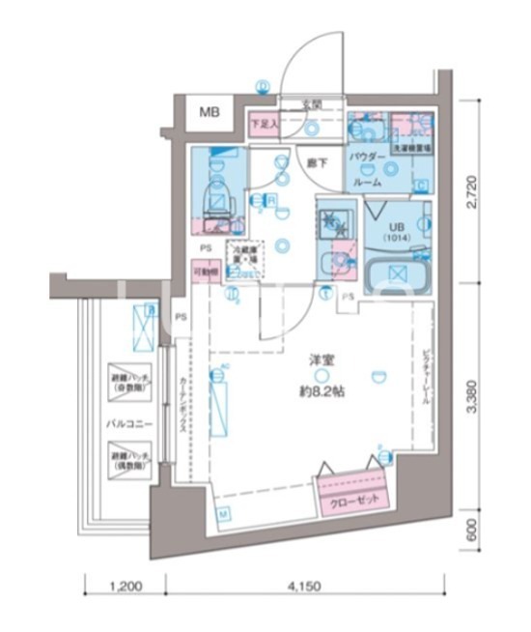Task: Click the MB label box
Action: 210,113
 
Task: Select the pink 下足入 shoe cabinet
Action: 263,124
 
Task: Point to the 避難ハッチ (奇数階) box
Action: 128,381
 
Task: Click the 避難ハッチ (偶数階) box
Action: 128,459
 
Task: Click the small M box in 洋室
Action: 222,512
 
